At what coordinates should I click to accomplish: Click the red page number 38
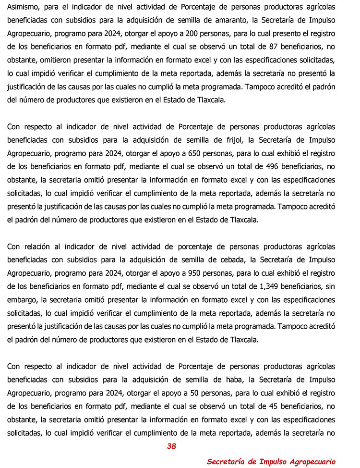tap(171, 446)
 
